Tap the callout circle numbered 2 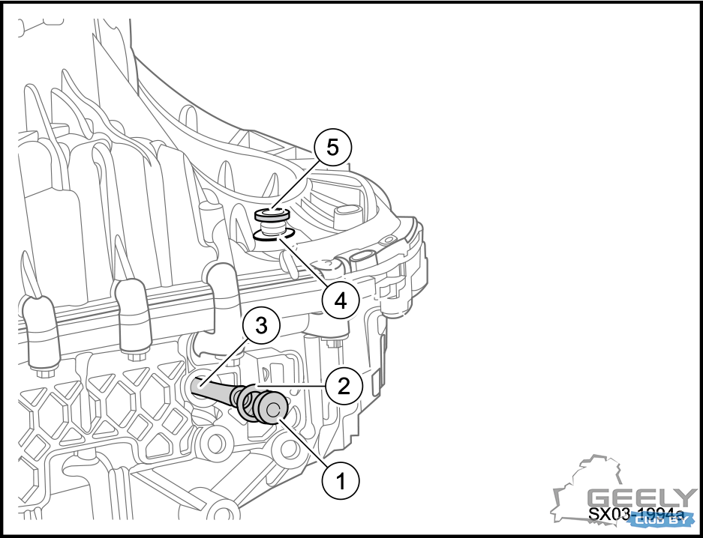click(344, 386)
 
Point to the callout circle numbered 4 click(340, 300)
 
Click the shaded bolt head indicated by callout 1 click(271, 410)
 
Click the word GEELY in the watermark click(641, 498)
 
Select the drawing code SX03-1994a click(636, 516)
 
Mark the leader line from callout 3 click(229, 360)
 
